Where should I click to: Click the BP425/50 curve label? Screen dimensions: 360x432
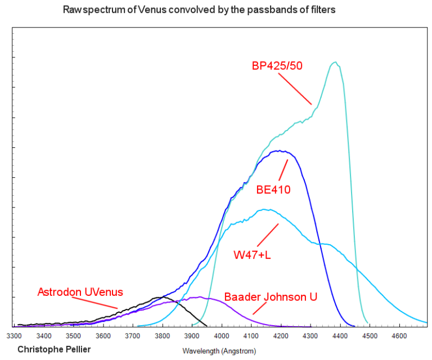[x=277, y=66]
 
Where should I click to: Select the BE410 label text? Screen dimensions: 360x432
[x=273, y=190]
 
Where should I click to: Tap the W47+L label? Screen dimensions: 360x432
[x=252, y=255]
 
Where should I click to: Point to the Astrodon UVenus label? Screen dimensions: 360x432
[x=80, y=292]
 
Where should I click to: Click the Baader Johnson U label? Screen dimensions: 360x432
[x=271, y=296]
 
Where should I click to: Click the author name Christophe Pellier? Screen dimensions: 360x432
[x=54, y=349]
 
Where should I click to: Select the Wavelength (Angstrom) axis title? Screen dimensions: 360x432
[x=219, y=350]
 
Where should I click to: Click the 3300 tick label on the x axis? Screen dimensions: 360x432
[x=15, y=336]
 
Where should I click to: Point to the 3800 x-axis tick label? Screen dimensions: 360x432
[x=163, y=336]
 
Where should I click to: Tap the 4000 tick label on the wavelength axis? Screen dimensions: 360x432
[x=222, y=336]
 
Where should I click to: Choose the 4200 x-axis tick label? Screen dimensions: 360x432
[x=281, y=336]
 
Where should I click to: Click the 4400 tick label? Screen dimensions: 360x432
[x=340, y=336]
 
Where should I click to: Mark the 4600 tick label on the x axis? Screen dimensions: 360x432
[x=399, y=336]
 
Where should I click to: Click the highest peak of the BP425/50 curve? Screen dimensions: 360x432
[x=335, y=62]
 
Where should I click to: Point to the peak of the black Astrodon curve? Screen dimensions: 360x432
[x=163, y=296]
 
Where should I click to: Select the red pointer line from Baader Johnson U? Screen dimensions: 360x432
[x=259, y=308]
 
